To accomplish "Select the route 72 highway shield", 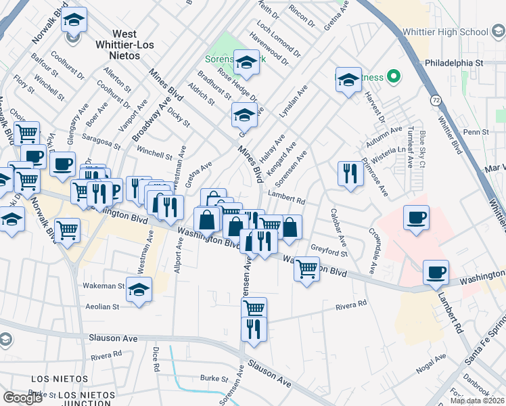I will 438,99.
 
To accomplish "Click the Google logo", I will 22,398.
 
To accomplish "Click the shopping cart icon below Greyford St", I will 306,268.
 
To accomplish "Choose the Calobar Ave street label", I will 338,227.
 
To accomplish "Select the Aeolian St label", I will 101,307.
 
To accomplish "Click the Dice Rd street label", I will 156,359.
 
